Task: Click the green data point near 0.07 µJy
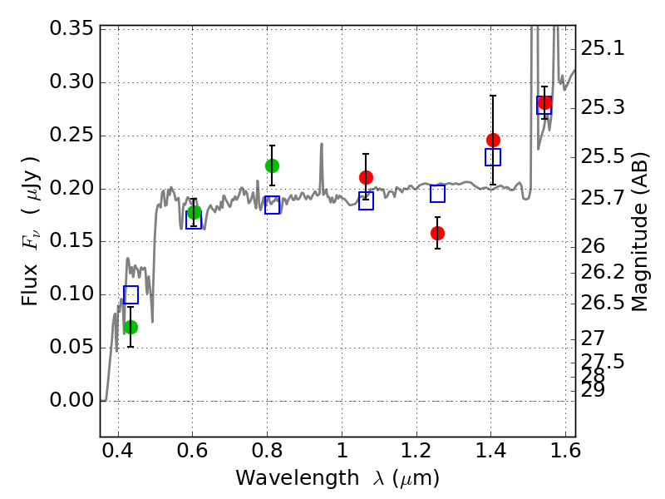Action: coord(131,327)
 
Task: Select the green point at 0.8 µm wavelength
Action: coord(273,166)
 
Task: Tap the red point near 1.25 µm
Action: coord(438,233)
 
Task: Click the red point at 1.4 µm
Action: coord(493,140)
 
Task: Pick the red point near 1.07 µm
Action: coord(366,177)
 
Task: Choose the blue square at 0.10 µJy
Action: coord(131,294)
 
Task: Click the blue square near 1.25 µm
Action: coord(438,194)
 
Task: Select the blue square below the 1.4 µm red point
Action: coord(493,157)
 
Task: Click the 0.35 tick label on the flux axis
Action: coord(71,28)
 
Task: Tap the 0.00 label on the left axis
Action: coord(71,400)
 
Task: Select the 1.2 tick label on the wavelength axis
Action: coord(416,451)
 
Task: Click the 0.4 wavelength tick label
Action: coord(118,451)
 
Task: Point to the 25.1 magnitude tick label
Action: coord(603,48)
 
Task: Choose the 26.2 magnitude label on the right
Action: coord(603,272)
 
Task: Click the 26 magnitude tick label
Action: coord(593,246)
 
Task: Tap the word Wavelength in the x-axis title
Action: coord(298,478)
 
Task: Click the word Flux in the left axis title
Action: coord(30,285)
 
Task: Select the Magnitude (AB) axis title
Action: coord(639,232)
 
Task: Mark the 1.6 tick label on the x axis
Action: coord(566,451)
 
